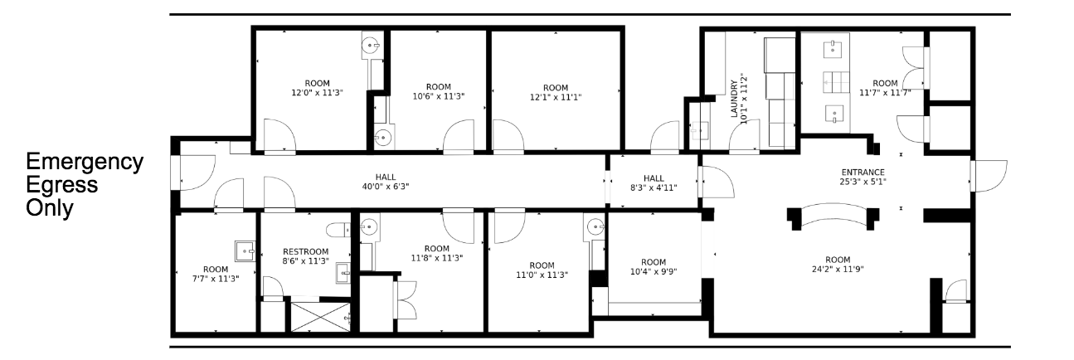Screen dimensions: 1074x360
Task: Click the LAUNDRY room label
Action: [x=734, y=98]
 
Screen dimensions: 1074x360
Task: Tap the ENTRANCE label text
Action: [x=863, y=172]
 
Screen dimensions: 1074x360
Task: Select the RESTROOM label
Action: [x=305, y=251]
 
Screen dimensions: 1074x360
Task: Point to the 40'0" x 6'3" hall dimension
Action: [x=386, y=187]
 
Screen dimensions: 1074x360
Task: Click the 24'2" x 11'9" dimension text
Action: [x=838, y=269]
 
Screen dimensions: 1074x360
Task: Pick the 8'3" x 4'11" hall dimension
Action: [x=654, y=187]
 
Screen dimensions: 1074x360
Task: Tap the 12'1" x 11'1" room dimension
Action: [x=556, y=97]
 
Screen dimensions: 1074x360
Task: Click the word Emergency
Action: [x=85, y=162]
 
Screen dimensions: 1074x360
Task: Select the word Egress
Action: [x=62, y=185]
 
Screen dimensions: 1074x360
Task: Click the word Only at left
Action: [x=50, y=208]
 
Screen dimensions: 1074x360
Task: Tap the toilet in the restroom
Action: [x=338, y=230]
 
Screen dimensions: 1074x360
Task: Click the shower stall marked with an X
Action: [x=321, y=317]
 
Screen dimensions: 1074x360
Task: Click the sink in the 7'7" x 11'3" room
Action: [x=245, y=251]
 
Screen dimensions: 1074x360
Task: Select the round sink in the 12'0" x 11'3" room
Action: [x=371, y=46]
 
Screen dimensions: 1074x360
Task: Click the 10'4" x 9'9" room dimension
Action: [x=653, y=271]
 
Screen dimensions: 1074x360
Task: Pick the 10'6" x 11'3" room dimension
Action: [x=438, y=96]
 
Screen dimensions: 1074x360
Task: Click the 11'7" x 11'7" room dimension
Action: [x=885, y=93]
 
